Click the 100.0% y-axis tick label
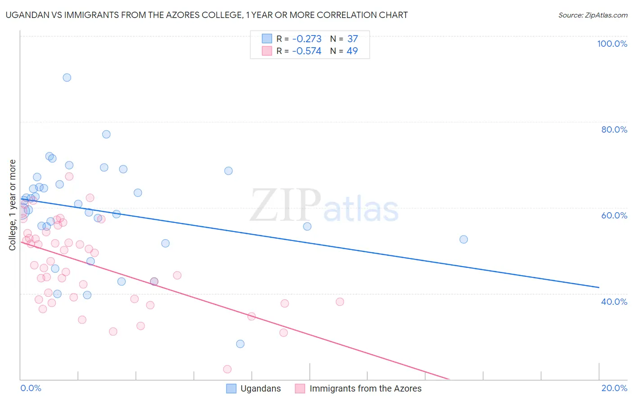(612, 44)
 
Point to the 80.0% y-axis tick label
(614, 129)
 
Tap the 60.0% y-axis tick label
(614, 215)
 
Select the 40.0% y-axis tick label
(614, 302)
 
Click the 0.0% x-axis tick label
(31, 388)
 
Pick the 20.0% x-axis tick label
(614, 388)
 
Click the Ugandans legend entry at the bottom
(260, 388)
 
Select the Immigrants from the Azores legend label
(365, 388)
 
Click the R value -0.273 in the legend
(307, 39)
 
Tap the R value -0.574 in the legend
(307, 51)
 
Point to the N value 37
(353, 39)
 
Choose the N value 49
(352, 51)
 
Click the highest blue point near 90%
(67, 77)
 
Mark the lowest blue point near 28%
(240, 344)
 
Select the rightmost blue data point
(463, 240)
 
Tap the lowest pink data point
(227, 369)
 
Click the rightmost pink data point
(340, 302)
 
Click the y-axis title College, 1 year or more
(13, 205)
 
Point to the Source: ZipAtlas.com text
(592, 15)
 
